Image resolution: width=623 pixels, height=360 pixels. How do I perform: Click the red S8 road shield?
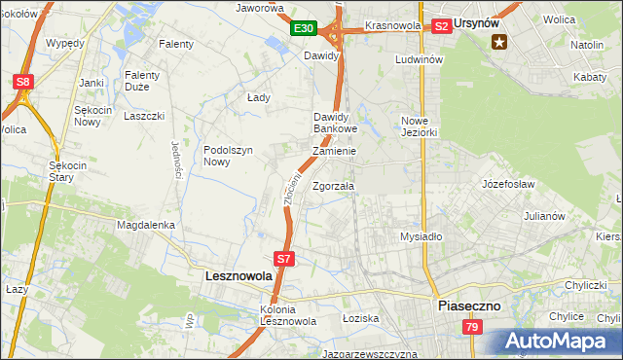tap(24, 83)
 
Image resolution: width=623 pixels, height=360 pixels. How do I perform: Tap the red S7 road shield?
tap(283, 259)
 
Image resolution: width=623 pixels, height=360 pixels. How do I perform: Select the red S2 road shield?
tap(441, 26)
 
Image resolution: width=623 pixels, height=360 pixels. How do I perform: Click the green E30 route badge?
tap(303, 29)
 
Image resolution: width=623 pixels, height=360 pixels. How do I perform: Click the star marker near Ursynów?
tap(500, 41)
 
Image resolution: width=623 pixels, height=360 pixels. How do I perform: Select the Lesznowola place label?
tap(238, 276)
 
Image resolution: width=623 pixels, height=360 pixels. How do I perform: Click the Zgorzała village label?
tap(334, 186)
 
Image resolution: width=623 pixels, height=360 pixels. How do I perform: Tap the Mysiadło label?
tap(421, 236)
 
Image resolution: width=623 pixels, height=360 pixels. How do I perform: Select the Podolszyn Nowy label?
tap(229, 156)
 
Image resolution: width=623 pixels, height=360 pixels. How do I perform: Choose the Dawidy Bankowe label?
tap(336, 123)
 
